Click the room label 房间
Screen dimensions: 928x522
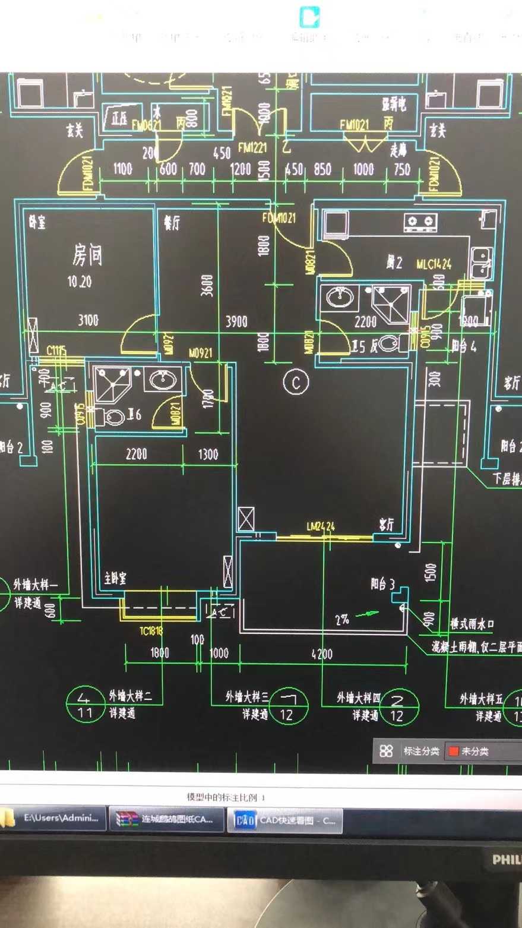pyautogui.click(x=87, y=255)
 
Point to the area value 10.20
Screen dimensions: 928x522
pyautogui.click(x=80, y=282)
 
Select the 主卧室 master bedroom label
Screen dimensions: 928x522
pyautogui.click(x=115, y=578)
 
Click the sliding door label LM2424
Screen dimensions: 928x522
pyautogui.click(x=321, y=526)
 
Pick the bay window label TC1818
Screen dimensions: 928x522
pyautogui.click(x=151, y=631)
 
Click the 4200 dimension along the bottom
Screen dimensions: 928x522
pyautogui.click(x=322, y=654)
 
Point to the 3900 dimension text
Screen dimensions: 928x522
pyautogui.click(x=236, y=321)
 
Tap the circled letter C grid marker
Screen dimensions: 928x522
pyautogui.click(x=296, y=382)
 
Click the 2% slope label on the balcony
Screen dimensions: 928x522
pyautogui.click(x=342, y=620)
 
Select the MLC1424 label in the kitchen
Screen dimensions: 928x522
pyautogui.click(x=434, y=264)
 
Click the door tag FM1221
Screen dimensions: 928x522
pyautogui.click(x=252, y=147)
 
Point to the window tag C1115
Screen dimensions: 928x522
pyautogui.click(x=56, y=351)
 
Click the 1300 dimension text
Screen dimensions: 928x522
pyautogui.click(x=208, y=454)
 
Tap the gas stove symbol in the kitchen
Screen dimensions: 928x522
pyautogui.click(x=420, y=222)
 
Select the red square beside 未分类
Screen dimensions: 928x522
pyautogui.click(x=454, y=751)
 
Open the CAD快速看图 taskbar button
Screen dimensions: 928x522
pyautogui.click(x=285, y=821)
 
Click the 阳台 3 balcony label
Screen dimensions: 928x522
pyautogui.click(x=383, y=585)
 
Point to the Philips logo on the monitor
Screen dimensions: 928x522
pyautogui.click(x=507, y=860)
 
